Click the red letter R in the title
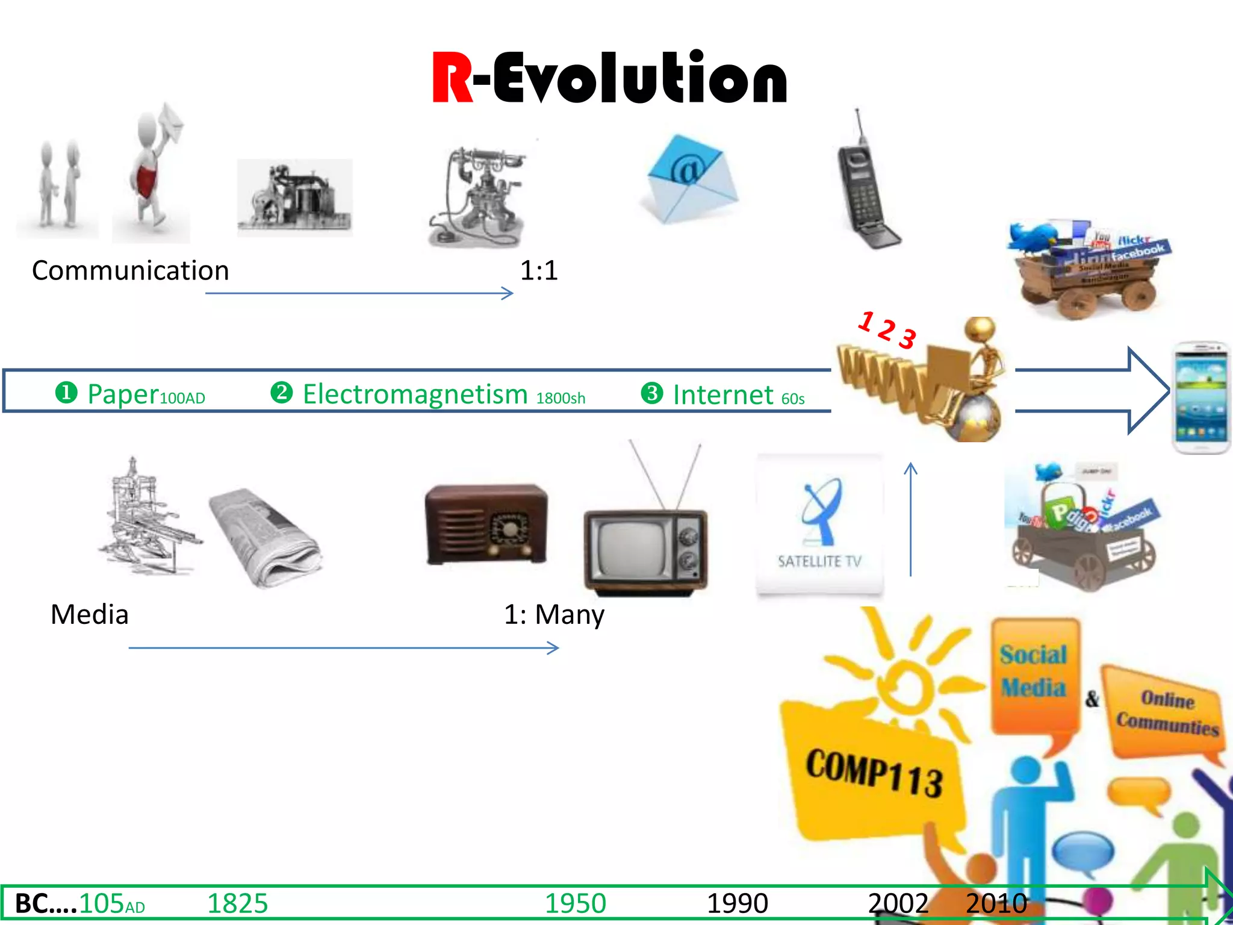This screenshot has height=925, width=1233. (x=452, y=78)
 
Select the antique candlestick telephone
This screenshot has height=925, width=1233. (x=479, y=196)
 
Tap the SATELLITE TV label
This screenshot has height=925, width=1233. (x=819, y=561)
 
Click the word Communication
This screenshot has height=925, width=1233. (x=130, y=271)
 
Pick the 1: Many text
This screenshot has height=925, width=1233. (x=554, y=615)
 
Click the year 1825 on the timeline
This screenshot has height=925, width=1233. (x=237, y=904)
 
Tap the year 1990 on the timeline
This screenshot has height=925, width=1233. (x=737, y=904)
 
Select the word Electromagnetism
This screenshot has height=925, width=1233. (x=415, y=394)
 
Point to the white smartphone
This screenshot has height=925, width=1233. (x=1201, y=397)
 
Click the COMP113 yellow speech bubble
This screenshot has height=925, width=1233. (x=873, y=774)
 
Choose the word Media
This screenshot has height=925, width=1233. (x=89, y=615)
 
